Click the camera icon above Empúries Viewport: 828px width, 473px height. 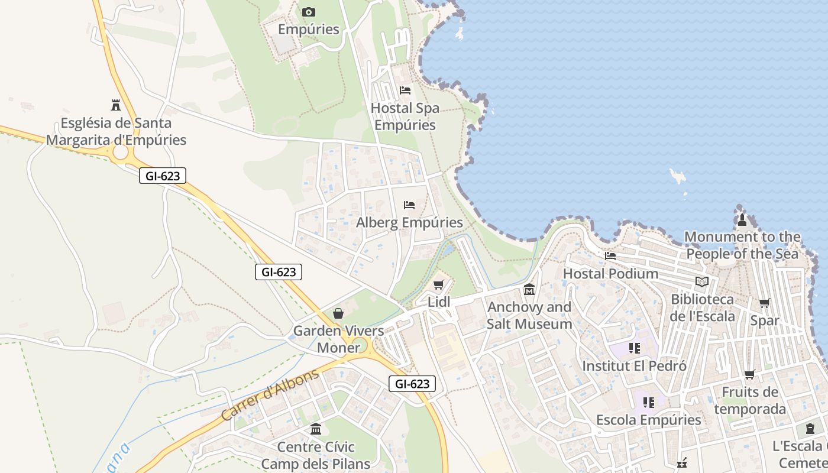click(308, 12)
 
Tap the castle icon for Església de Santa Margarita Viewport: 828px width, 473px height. click(116, 105)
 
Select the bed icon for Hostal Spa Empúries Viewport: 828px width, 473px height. click(405, 90)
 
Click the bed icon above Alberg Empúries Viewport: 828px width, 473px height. click(409, 205)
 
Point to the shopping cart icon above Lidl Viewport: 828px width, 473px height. click(438, 285)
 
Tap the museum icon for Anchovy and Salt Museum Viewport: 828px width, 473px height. click(529, 290)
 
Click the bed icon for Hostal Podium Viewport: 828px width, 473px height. click(610, 256)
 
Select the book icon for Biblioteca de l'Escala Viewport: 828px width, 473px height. click(702, 282)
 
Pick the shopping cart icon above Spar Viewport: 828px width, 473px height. click(764, 303)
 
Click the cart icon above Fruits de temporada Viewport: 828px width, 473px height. click(749, 374)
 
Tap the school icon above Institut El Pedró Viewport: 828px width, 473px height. click(634, 348)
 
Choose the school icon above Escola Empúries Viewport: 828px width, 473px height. click(648, 403)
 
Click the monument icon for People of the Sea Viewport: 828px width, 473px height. click(742, 220)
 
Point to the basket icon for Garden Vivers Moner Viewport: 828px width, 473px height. click(338, 313)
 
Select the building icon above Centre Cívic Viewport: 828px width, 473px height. click(316, 429)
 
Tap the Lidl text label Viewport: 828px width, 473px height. click(439, 302)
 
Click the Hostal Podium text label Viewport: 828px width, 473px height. click(610, 274)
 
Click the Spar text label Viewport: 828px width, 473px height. click(764, 320)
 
